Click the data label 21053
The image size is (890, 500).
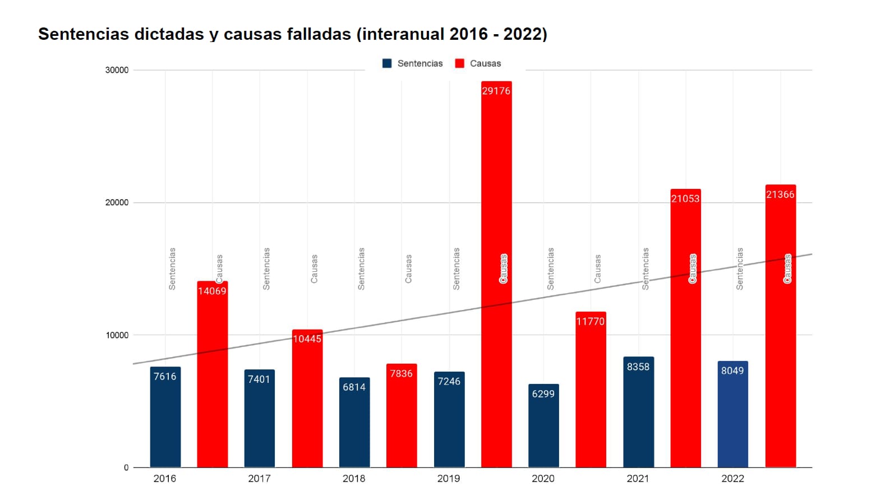[x=685, y=198]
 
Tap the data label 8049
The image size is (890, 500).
[x=732, y=371]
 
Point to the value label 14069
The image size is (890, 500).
[x=212, y=291]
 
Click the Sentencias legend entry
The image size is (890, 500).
[x=413, y=63]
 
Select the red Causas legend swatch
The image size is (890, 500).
[x=460, y=63]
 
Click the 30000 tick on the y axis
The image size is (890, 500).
[x=117, y=70]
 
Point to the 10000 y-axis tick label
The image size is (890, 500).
[x=117, y=335]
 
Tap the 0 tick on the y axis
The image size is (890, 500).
[x=126, y=467]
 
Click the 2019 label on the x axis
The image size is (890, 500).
[x=449, y=479]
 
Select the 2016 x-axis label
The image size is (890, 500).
[x=165, y=479]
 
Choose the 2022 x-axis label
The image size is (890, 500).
[x=732, y=479]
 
